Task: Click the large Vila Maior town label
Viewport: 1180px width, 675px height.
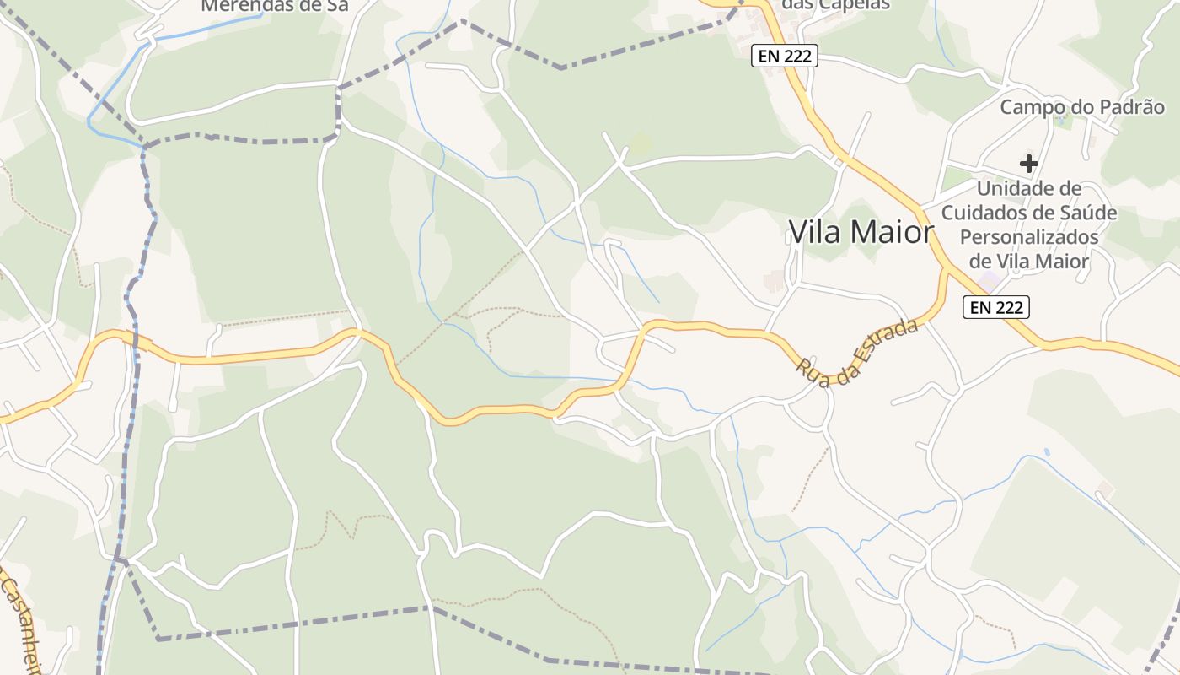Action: (x=861, y=232)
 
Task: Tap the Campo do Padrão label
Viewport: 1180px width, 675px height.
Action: (x=1082, y=107)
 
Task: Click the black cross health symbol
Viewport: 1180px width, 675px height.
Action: (x=1028, y=163)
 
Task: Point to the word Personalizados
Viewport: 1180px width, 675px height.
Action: (x=1029, y=237)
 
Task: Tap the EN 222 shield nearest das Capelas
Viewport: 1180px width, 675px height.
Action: (x=785, y=57)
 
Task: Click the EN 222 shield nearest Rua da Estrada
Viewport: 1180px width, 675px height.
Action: (x=996, y=307)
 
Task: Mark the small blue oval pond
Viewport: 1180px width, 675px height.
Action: (x=1047, y=452)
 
